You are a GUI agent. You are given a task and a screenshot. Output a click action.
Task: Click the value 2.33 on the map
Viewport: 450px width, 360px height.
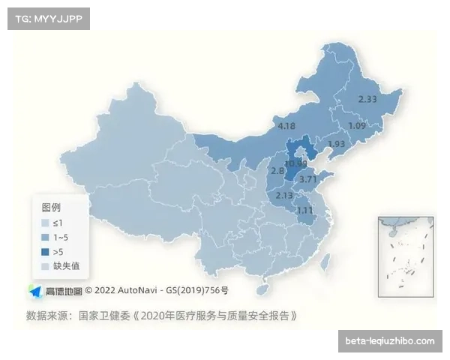[367, 99]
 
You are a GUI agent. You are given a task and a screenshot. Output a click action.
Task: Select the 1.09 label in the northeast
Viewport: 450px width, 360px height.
[357, 126]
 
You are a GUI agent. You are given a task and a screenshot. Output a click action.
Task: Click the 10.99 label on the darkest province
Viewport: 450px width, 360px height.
[295, 163]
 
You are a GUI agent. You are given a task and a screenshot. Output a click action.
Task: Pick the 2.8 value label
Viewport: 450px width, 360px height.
[277, 171]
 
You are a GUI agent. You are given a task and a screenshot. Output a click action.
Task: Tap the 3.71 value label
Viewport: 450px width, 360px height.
[307, 179]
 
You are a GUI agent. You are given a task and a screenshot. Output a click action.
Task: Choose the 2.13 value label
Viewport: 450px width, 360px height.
[284, 196]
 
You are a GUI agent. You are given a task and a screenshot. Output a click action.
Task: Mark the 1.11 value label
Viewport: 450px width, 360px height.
[304, 210]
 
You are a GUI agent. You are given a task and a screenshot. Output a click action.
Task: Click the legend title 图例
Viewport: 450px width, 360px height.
[51, 207]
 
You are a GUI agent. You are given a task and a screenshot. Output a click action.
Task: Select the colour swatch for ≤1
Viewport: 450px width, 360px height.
[45, 223]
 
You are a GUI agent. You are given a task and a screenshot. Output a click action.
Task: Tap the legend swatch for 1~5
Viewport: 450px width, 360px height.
[45, 237]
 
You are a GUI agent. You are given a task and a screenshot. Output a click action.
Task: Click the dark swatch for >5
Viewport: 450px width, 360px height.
[45, 251]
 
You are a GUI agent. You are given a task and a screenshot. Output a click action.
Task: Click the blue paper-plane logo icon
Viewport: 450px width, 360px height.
[35, 290]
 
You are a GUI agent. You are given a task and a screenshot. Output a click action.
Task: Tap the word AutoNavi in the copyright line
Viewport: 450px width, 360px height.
[141, 290]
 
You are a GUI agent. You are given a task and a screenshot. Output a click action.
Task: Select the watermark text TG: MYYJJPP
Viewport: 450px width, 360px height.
[47, 18]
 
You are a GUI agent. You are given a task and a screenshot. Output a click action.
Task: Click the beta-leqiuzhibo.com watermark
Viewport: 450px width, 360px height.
[389, 341]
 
